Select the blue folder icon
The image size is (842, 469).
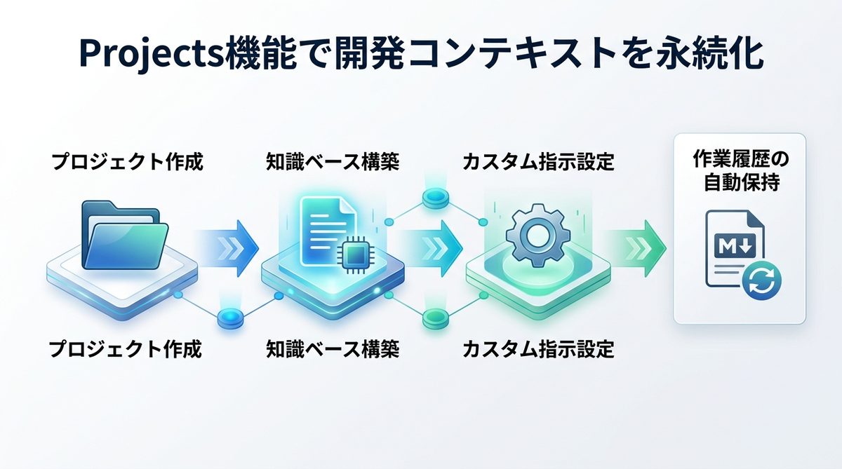pos(124,236)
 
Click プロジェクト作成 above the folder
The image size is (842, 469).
pos(126,163)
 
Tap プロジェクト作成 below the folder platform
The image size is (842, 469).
pos(126,348)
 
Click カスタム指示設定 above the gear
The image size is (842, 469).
pos(538,163)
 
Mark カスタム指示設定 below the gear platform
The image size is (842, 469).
pos(538,348)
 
